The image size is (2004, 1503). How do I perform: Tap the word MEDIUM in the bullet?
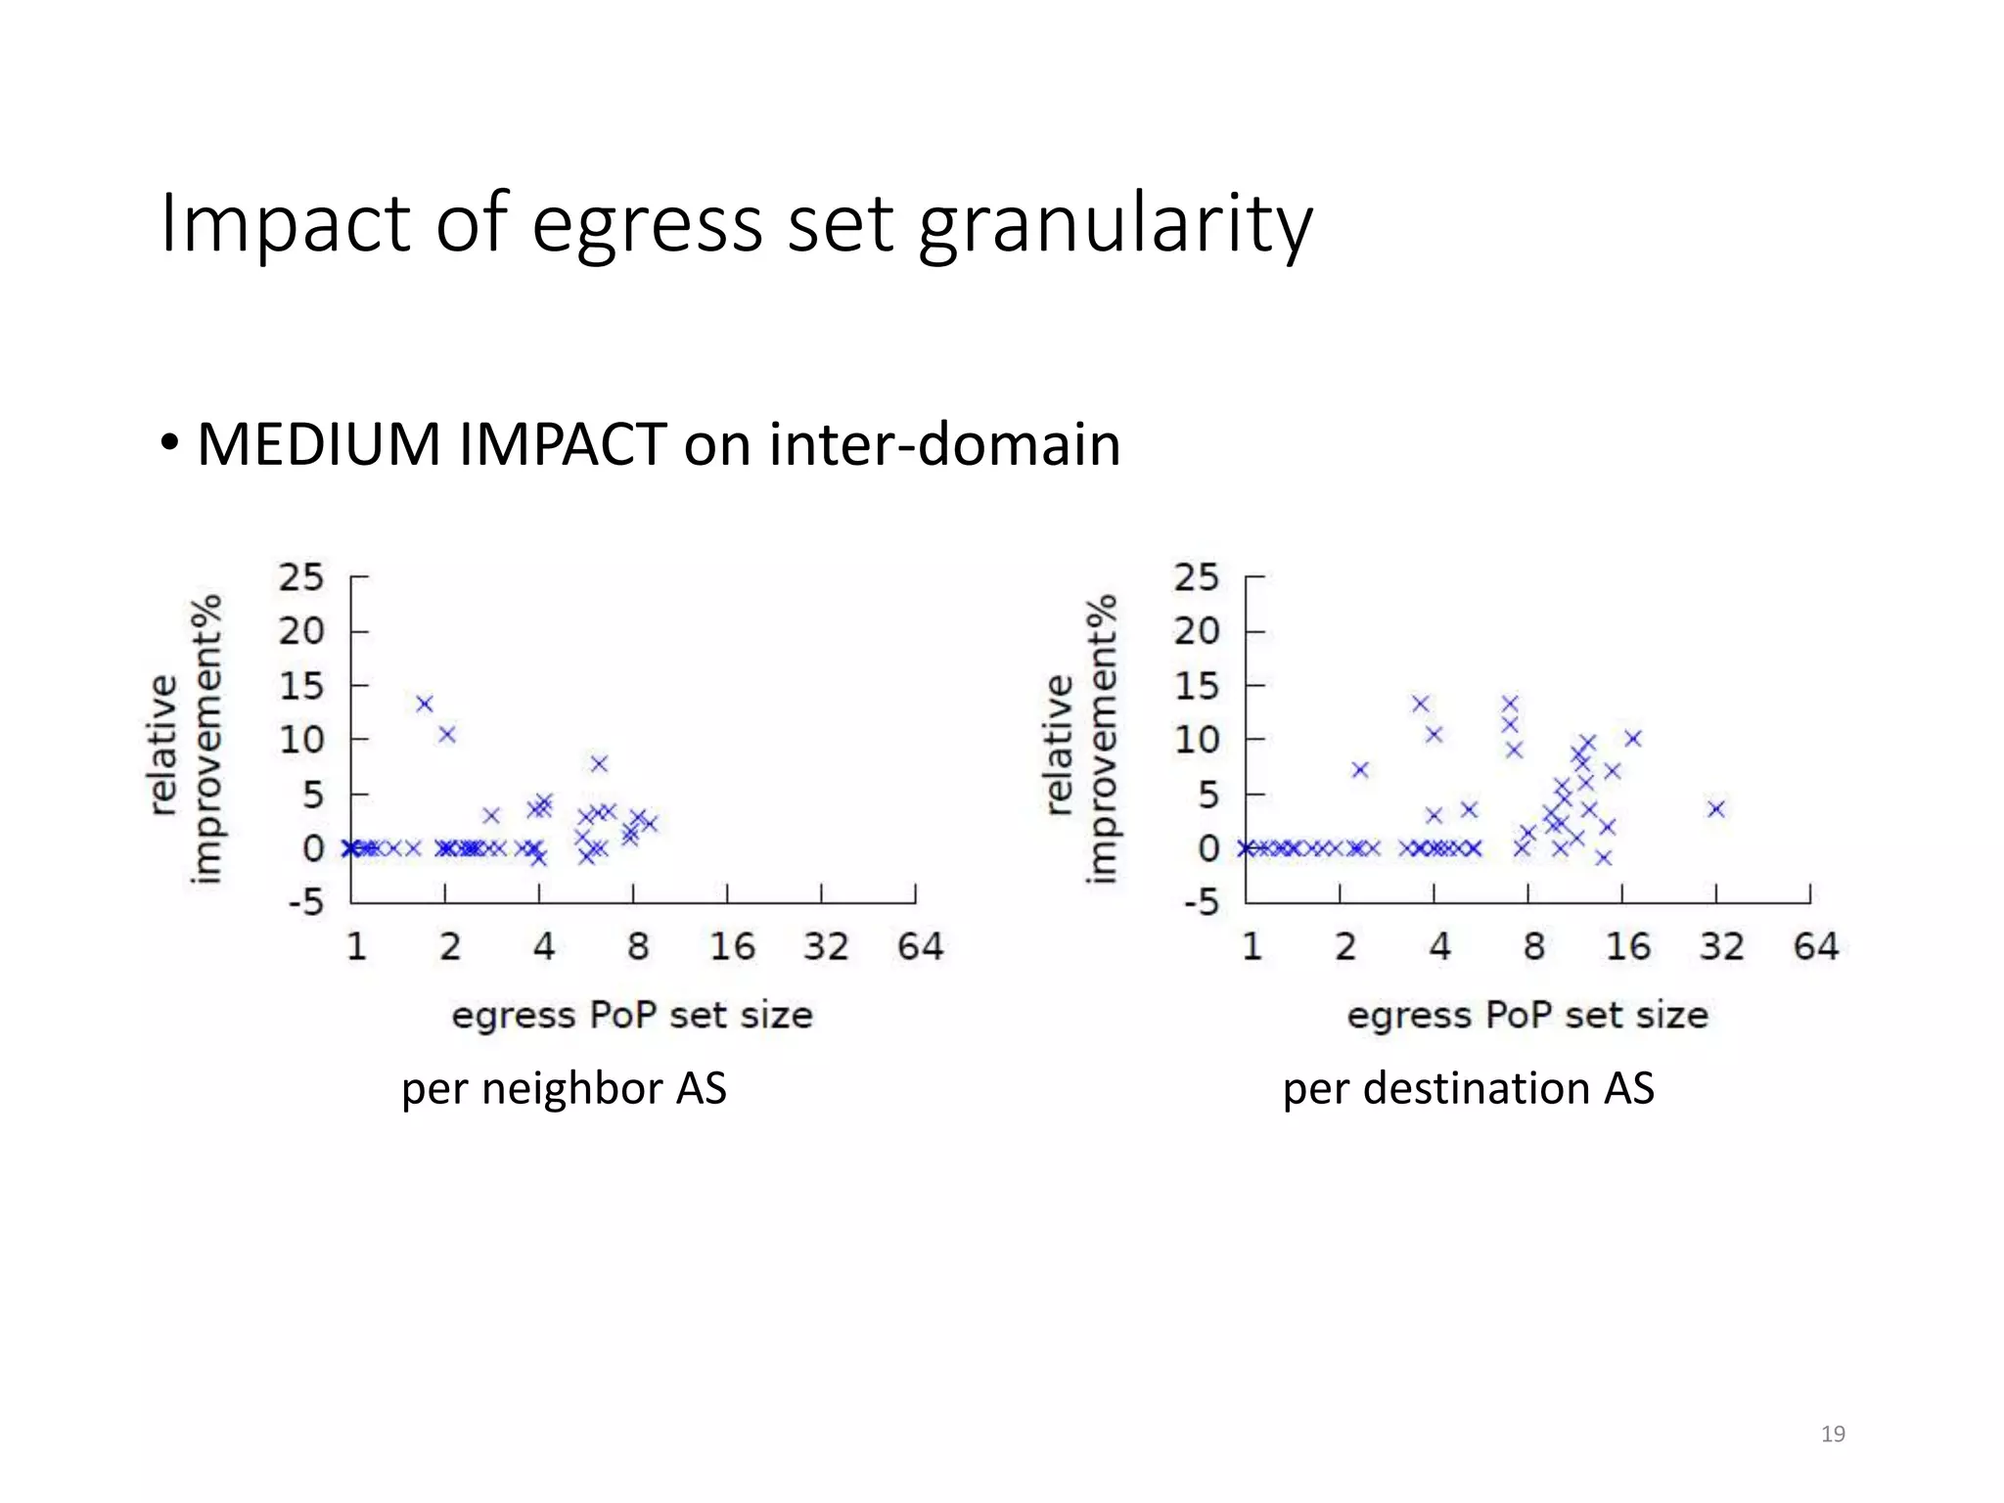[x=319, y=445]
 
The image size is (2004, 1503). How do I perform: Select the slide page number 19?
[x=1833, y=1435]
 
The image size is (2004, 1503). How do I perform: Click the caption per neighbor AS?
[x=564, y=1089]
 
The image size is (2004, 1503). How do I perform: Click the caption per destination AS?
[x=1468, y=1089]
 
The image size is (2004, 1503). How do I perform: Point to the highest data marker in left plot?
[x=425, y=704]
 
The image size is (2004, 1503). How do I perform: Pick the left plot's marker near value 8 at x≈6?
[x=599, y=763]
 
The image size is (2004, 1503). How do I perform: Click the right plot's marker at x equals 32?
[x=1716, y=808]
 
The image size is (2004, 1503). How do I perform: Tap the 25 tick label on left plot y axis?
[x=300, y=577]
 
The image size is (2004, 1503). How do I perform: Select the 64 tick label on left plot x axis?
[x=920, y=947]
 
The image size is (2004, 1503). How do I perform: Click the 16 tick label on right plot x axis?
[x=1627, y=947]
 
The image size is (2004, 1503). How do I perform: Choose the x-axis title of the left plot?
[x=632, y=1016]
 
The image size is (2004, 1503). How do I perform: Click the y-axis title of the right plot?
[x=1082, y=740]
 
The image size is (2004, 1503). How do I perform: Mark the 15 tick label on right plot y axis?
[x=1198, y=686]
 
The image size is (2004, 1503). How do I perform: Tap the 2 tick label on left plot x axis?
[x=449, y=947]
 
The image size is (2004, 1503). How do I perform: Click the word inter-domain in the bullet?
[x=944, y=445]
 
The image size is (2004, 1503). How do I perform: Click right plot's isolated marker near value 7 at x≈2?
[x=1359, y=770]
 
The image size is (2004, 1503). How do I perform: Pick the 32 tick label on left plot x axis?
[x=825, y=947]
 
